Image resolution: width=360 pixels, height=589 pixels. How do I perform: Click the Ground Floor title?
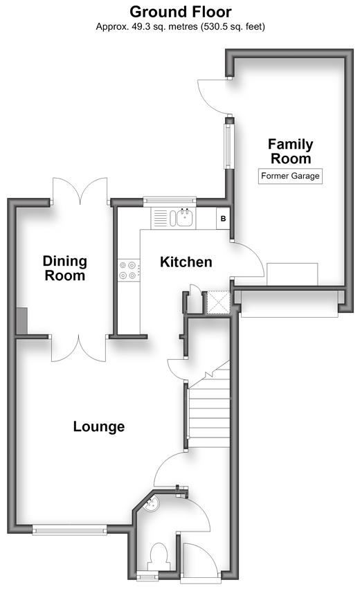tap(181, 12)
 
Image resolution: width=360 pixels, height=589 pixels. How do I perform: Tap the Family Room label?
tap(291, 152)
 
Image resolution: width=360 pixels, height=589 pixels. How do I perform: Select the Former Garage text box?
tap(290, 176)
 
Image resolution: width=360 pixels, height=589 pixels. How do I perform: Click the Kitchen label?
tap(186, 262)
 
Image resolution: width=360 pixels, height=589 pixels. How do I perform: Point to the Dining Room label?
tap(64, 269)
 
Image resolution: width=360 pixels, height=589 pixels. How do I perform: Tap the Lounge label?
tap(99, 427)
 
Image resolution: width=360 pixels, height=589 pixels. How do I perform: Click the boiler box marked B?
tap(223, 218)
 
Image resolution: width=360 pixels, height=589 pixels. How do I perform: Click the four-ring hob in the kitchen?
tap(129, 271)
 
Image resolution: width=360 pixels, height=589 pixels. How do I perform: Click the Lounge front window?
tap(69, 530)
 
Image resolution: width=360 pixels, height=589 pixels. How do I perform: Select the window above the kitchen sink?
tap(170, 201)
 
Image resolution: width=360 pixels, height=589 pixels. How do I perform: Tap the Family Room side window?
tap(228, 146)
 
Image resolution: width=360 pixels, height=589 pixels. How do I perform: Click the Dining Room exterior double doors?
tap(80, 192)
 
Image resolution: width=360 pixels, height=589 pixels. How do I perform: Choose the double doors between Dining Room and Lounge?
tap(79, 349)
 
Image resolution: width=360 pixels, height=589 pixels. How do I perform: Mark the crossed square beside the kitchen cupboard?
tap(218, 302)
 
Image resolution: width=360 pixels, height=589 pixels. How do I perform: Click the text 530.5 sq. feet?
tap(233, 27)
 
